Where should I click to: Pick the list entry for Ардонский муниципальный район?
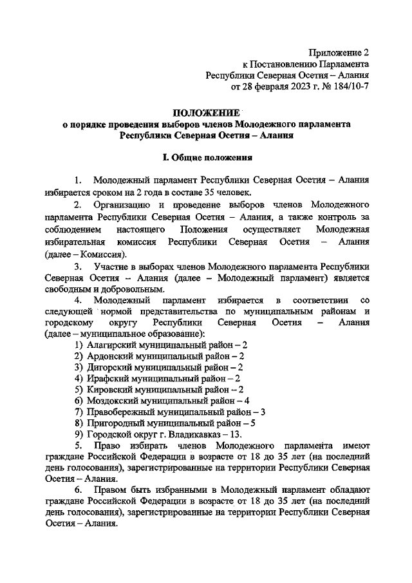[158, 356]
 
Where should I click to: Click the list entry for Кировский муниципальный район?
[158, 389]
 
